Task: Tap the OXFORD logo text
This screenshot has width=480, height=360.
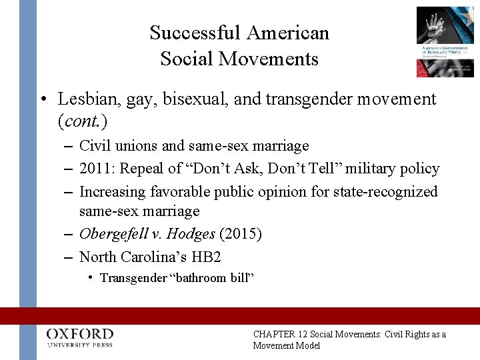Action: (x=80, y=333)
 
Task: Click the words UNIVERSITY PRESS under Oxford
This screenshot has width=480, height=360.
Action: (x=80, y=345)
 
